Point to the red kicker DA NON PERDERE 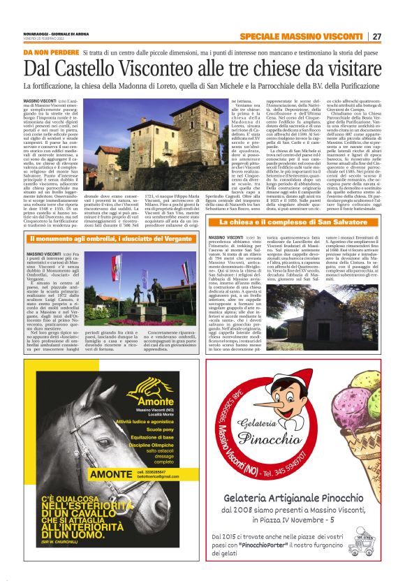click(x=49, y=53)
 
